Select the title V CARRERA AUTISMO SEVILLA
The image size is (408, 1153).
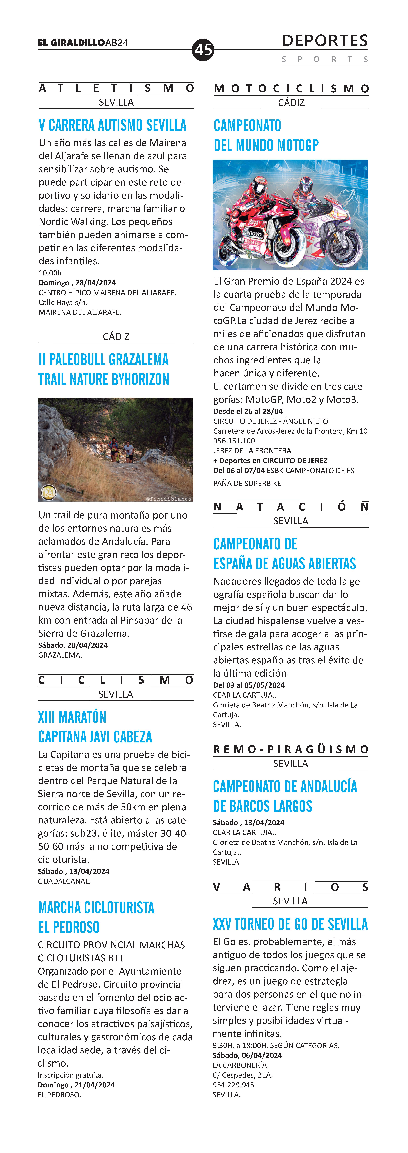112,125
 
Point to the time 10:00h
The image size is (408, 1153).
50,273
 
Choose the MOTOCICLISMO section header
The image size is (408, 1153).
291,89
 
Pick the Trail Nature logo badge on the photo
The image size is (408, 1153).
48,492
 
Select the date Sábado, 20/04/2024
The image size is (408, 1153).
73,645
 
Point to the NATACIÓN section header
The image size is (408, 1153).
291,507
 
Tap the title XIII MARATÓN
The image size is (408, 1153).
72,717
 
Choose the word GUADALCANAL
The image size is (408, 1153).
64,881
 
